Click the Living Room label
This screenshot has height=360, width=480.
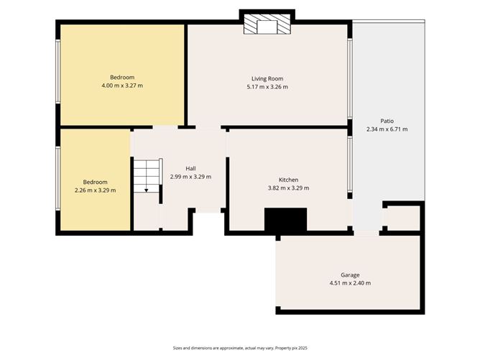point(267,78)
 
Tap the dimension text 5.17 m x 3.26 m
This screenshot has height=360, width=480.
point(267,87)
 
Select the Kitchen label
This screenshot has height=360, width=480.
point(288,180)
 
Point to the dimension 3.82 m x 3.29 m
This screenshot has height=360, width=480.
point(288,188)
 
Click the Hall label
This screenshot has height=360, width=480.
point(190,168)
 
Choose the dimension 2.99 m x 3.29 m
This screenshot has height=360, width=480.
point(190,177)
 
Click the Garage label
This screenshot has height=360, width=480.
point(350,274)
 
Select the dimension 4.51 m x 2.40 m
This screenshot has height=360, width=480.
point(350,283)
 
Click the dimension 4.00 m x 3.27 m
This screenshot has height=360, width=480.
point(122,86)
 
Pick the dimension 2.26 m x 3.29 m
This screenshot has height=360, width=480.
point(95,190)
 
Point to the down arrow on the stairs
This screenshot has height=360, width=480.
point(147,190)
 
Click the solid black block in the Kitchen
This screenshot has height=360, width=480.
point(285,220)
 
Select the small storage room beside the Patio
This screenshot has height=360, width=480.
point(402,218)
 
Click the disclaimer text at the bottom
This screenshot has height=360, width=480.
point(239,347)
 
